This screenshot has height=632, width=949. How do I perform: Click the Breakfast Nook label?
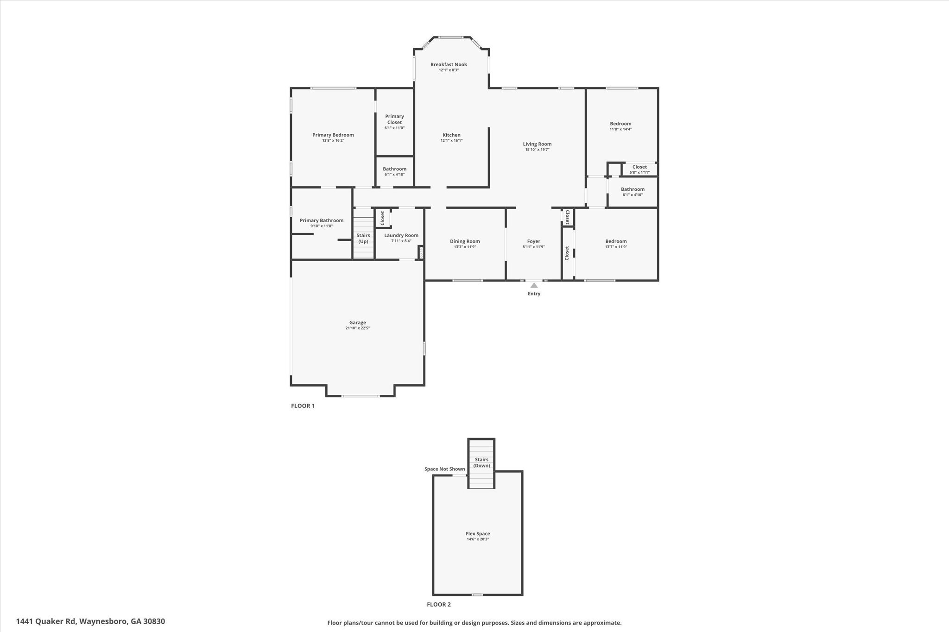[449, 65]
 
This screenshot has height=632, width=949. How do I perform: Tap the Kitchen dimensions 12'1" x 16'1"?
[451, 141]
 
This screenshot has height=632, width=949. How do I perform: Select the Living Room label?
[537, 144]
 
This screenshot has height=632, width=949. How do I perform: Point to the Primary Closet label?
[394, 119]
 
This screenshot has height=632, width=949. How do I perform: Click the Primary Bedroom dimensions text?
[333, 141]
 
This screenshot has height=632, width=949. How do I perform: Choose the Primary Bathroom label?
[322, 220]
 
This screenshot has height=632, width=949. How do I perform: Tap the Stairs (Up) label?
[363, 238]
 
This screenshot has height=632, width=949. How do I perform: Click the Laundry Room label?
[401, 235]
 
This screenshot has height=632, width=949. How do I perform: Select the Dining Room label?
[465, 241]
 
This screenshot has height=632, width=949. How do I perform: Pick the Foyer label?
[533, 241]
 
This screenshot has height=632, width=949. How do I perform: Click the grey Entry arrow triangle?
[534, 285]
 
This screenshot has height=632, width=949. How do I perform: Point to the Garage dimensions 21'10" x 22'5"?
[357, 328]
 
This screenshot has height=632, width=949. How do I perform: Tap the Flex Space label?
[478, 534]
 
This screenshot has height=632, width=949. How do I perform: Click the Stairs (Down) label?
[481, 463]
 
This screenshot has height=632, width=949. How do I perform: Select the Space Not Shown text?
[444, 469]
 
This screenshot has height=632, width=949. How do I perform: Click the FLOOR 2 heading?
[438, 604]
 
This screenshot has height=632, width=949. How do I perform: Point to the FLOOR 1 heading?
[303, 406]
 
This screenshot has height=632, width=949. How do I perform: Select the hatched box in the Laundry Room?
[421, 253]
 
